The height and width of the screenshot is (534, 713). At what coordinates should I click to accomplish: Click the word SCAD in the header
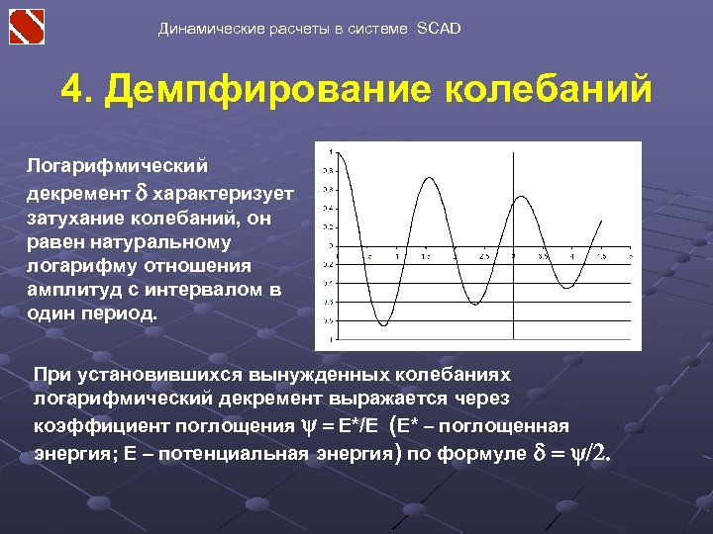pos(438,29)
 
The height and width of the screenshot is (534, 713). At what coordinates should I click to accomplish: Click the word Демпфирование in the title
pos(268,88)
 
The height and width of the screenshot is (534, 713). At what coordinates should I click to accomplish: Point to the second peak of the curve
pos(428,178)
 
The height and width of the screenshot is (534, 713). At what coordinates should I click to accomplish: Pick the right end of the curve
pos(602,221)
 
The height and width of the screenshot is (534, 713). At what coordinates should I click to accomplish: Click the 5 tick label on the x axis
pos(631,256)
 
